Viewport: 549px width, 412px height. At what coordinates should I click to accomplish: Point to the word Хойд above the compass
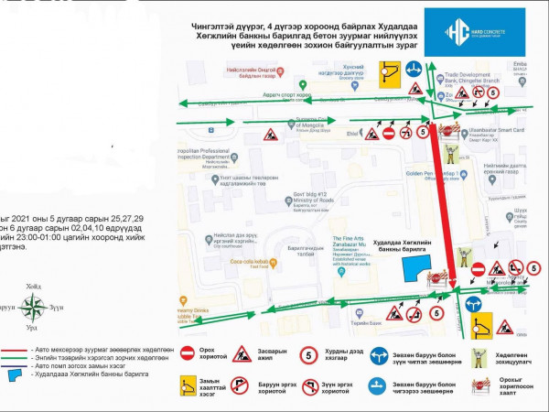pyautogui.click(x=33, y=284)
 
